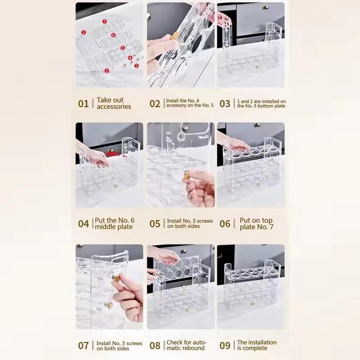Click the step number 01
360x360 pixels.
pos(84,103)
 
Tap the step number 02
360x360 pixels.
pos(155,103)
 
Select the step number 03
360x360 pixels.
pos(225,103)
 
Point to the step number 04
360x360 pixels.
pos(84,224)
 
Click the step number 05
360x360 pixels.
pos(155,224)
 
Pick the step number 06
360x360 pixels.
pos(225,224)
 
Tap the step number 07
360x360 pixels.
pos(84,346)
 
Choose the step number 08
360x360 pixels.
pos(155,346)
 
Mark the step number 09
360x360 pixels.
pos(225,346)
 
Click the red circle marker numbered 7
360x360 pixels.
pos(104,22)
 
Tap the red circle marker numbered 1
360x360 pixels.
pos(84,32)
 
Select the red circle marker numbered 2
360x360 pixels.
pos(107,71)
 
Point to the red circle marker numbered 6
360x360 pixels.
pos(113,35)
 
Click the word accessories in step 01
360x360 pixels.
pos(114,107)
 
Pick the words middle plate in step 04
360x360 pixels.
pos(114,227)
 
